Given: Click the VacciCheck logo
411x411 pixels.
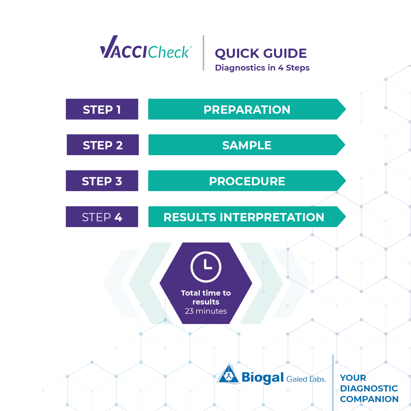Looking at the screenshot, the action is [x=146, y=47].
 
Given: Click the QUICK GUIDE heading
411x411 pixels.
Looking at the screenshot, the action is [x=261, y=53].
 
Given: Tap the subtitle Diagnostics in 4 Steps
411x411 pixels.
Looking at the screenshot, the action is [x=262, y=68].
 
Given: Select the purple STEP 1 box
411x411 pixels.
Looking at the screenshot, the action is [x=102, y=109].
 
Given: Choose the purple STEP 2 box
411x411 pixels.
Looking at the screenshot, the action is [x=103, y=145].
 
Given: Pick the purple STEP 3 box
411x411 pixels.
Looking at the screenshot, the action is [x=102, y=180].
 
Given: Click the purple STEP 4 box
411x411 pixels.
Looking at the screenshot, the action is [x=102, y=216].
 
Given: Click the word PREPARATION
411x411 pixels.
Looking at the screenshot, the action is [x=247, y=110].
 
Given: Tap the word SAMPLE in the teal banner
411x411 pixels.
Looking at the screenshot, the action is [x=247, y=146].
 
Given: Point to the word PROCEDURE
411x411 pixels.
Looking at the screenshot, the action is [x=247, y=181].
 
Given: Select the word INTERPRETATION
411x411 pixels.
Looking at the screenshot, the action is [x=272, y=217].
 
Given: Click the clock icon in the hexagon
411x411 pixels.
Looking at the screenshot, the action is [x=206, y=267].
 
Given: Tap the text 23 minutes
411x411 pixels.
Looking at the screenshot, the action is [x=206, y=311].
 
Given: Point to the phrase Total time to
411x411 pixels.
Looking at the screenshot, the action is [x=206, y=293].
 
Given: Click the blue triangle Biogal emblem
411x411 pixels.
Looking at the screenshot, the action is [x=229, y=373].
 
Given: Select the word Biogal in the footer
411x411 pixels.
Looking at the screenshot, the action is [x=263, y=378].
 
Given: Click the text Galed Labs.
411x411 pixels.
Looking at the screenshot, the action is [x=306, y=379].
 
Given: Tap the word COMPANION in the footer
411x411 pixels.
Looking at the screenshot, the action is [x=369, y=399].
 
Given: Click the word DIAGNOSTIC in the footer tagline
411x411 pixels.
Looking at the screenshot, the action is [x=369, y=388].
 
